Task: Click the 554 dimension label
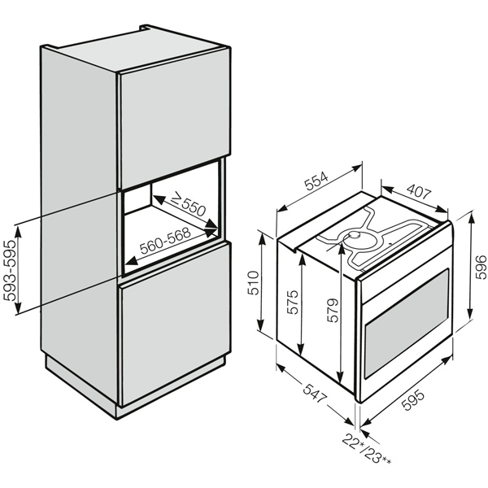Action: click(x=316, y=181)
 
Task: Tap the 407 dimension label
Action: click(x=419, y=194)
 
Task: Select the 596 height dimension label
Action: click(x=481, y=267)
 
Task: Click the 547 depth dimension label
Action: click(x=315, y=394)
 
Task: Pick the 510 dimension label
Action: click(x=253, y=283)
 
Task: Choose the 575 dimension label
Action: click(x=293, y=303)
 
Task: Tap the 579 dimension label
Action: click(x=333, y=311)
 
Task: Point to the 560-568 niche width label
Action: click(x=165, y=242)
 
